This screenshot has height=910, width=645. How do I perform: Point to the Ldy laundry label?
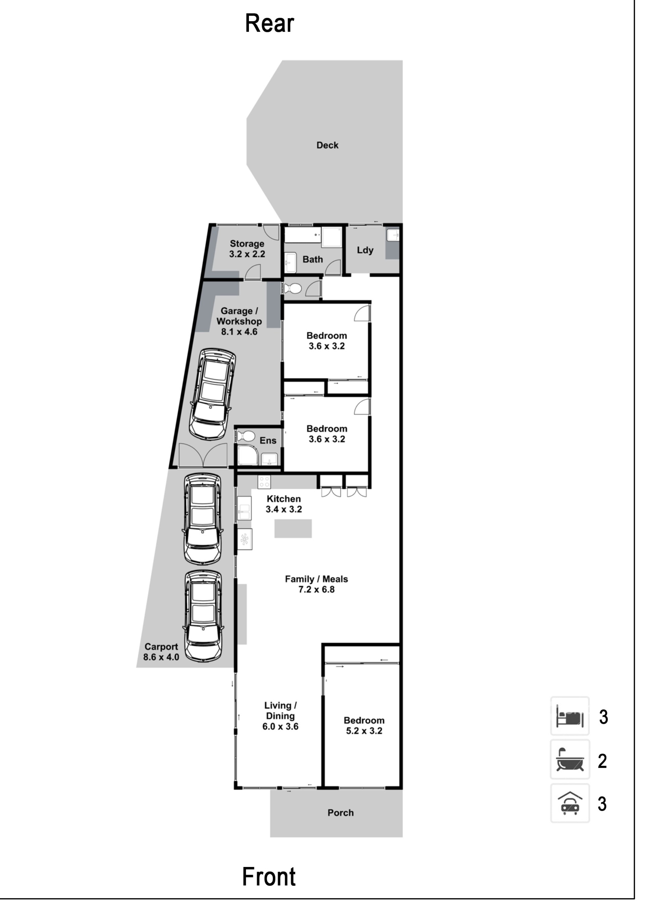click(x=365, y=250)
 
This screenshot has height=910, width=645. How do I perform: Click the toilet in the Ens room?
click(x=246, y=436)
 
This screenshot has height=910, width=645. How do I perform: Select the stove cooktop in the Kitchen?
click(x=264, y=482)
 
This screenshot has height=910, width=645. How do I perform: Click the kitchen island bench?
click(x=293, y=528)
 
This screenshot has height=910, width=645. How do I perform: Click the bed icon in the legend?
click(x=570, y=716)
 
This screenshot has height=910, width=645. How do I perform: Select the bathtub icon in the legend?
click(x=570, y=759)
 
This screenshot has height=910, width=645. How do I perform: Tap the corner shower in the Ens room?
click(x=248, y=455)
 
